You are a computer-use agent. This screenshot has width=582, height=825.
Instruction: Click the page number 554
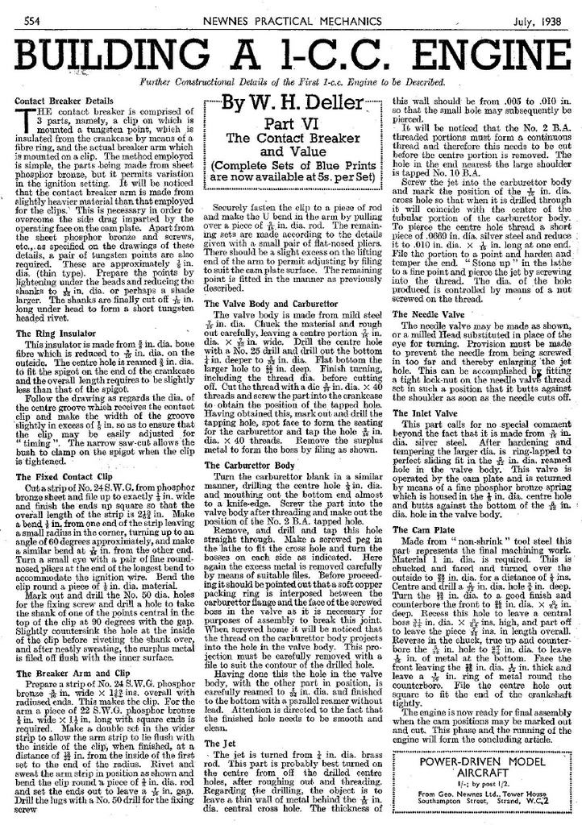(32, 19)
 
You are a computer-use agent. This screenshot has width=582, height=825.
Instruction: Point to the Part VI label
(292, 122)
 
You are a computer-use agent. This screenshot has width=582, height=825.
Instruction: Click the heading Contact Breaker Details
(60, 101)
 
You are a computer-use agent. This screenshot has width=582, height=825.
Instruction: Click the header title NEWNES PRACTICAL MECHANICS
(291, 19)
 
